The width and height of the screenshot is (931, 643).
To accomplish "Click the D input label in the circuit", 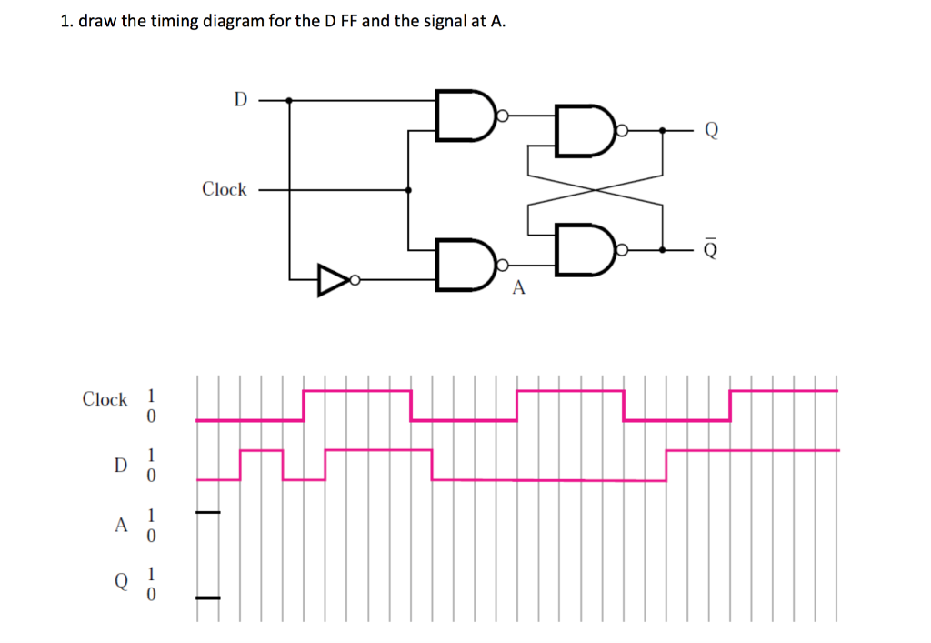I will pos(240,98).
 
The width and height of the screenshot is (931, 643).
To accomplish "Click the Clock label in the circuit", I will pos(224,189).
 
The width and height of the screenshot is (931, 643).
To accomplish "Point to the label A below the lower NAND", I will pos(519,288).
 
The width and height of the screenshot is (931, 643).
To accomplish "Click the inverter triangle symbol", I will pos(334,278).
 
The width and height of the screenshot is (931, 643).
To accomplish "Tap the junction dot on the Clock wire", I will pos(408,190).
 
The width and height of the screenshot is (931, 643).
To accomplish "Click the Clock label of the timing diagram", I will pos(105,399).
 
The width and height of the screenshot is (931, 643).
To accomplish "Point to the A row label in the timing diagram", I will pos(119,525).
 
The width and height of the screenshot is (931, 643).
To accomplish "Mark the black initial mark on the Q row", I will pos(208,598).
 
